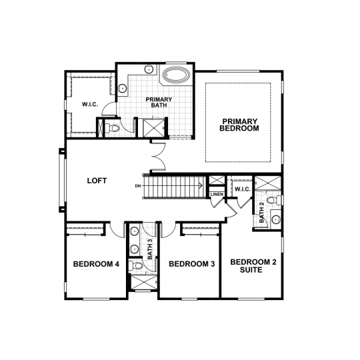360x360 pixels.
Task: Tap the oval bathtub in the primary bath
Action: tap(175, 75)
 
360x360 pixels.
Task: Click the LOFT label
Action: tap(97, 181)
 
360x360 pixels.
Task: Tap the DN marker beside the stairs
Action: tap(138, 185)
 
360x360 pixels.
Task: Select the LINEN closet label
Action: tap(217, 195)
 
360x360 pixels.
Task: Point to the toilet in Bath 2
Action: tap(271, 201)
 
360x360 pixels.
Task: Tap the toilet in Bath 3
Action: tap(138, 265)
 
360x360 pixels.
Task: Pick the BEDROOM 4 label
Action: tap(96, 265)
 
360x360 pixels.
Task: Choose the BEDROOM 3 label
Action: tap(191, 265)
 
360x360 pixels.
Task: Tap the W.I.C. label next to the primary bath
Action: tap(90, 104)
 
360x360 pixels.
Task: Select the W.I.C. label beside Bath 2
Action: tap(241, 189)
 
